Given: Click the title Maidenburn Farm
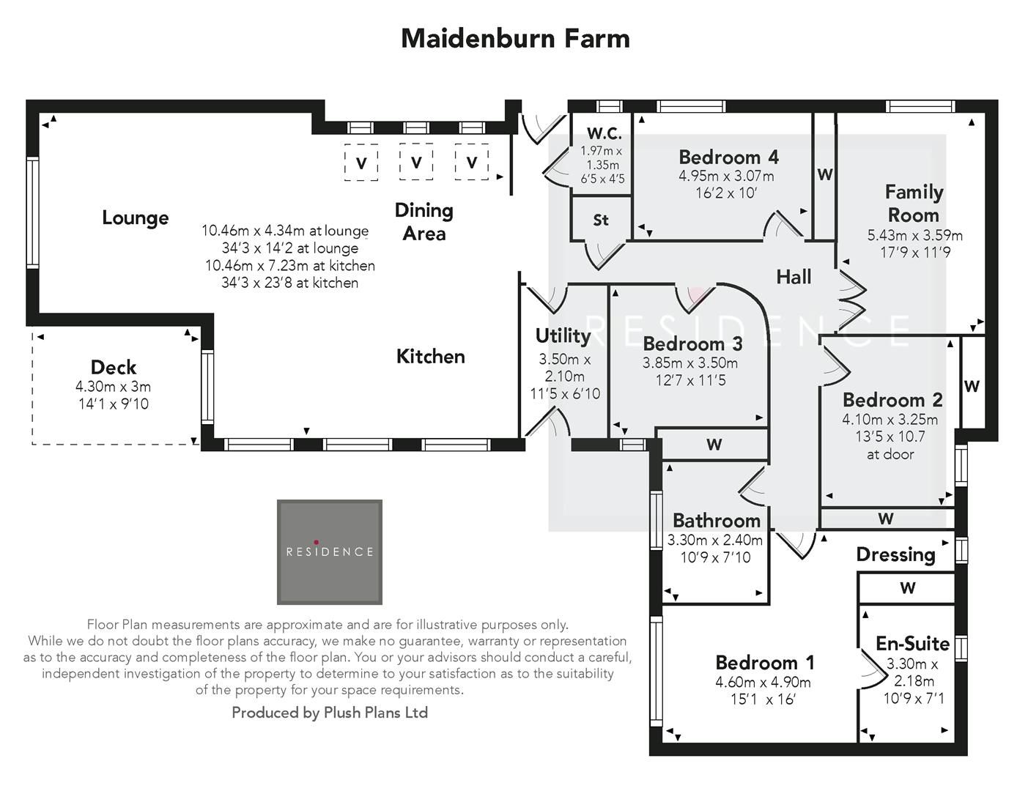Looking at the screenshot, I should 515,38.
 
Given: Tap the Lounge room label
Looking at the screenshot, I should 136,218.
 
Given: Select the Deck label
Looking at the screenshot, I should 114,367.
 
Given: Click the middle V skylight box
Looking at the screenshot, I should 416,162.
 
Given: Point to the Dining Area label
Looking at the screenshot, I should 424,222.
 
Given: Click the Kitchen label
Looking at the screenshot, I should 430,357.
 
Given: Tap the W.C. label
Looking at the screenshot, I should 604,133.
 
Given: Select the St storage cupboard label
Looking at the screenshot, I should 601,220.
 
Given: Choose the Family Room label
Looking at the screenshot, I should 914,204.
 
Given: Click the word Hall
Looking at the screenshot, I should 794,277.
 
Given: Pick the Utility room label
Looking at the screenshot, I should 563,335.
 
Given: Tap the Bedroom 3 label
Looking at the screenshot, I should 692,343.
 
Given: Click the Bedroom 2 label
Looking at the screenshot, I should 892,400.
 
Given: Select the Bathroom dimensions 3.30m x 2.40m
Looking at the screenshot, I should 715,541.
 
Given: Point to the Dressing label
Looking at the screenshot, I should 895,554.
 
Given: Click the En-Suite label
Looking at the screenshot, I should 912,644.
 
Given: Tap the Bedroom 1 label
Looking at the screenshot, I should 764,663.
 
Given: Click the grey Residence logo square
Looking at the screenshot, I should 330,552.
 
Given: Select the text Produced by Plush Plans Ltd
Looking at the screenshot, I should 330,713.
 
